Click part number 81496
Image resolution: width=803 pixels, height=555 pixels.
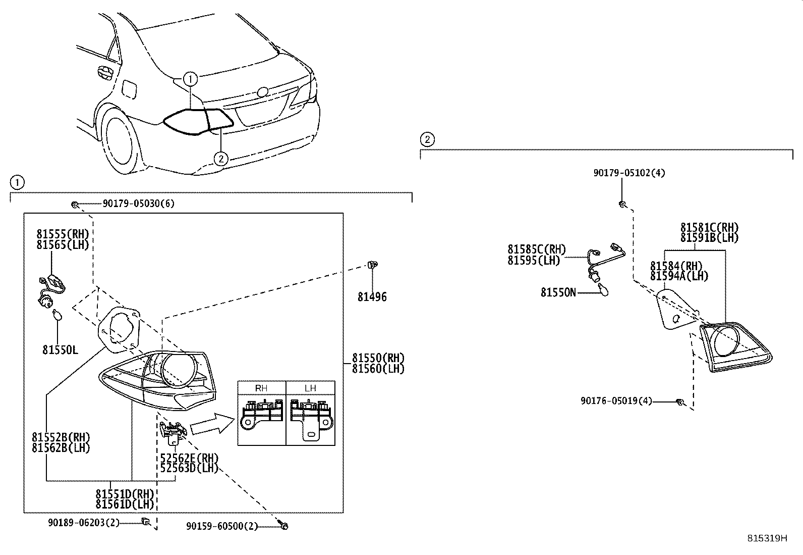click(x=372, y=297)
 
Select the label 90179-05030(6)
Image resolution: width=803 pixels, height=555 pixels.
click(x=138, y=204)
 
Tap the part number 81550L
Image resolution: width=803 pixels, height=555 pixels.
click(x=60, y=349)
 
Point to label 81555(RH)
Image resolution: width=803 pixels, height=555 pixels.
click(x=63, y=234)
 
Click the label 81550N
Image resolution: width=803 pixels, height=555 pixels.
click(x=558, y=292)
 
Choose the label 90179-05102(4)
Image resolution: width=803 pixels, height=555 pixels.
click(x=629, y=173)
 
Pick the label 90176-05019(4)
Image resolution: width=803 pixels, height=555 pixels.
click(x=616, y=401)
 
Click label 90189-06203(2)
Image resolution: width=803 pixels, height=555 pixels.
click(x=84, y=523)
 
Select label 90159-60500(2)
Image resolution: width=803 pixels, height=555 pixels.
click(x=221, y=526)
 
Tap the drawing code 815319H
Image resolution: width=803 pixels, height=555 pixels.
click(x=767, y=538)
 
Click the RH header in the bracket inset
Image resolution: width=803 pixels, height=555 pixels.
click(x=261, y=388)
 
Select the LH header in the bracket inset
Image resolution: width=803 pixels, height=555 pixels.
click(x=310, y=388)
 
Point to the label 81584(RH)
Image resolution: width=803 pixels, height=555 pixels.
click(x=676, y=266)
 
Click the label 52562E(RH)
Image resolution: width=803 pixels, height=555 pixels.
click(x=189, y=458)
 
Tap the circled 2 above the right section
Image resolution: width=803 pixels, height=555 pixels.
click(x=427, y=139)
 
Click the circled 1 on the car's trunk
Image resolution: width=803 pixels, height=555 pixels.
click(x=190, y=79)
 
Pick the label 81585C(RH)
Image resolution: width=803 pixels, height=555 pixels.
click(x=536, y=249)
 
